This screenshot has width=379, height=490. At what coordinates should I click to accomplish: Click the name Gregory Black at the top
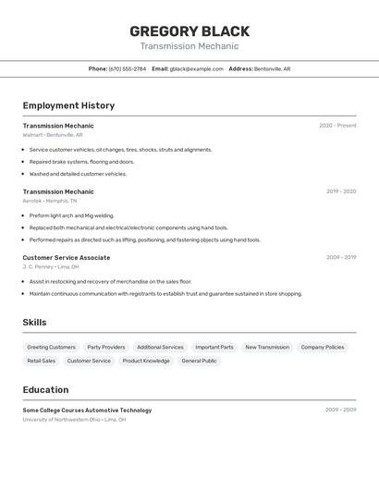click(189, 31)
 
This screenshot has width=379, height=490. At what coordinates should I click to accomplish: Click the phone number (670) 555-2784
click(128, 68)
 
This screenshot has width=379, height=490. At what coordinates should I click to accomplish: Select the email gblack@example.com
click(197, 68)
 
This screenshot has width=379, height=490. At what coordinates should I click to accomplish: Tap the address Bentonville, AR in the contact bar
click(272, 68)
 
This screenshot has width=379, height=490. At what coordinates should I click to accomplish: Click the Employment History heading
click(68, 105)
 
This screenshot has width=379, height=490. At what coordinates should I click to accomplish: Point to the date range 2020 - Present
click(337, 126)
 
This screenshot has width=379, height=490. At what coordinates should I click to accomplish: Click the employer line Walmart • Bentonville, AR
click(53, 135)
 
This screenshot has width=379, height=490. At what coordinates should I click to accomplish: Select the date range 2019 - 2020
click(341, 191)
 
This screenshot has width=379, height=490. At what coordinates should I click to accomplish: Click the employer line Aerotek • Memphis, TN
click(50, 201)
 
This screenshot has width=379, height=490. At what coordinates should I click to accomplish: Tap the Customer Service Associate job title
click(67, 258)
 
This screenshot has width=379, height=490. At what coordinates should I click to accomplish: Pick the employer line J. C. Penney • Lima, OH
click(51, 267)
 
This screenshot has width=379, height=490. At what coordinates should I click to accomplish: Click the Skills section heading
click(35, 323)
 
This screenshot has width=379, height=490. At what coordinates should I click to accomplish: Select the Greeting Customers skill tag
click(52, 348)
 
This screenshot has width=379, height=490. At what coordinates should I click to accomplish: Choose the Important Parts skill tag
click(214, 348)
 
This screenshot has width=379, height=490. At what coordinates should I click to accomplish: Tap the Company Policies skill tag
click(323, 348)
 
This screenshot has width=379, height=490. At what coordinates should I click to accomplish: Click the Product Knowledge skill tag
click(146, 361)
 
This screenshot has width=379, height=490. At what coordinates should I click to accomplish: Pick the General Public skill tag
click(199, 361)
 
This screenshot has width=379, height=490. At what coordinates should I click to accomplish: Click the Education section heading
click(46, 390)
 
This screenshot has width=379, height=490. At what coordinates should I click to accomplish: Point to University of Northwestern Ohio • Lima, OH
click(74, 420)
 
